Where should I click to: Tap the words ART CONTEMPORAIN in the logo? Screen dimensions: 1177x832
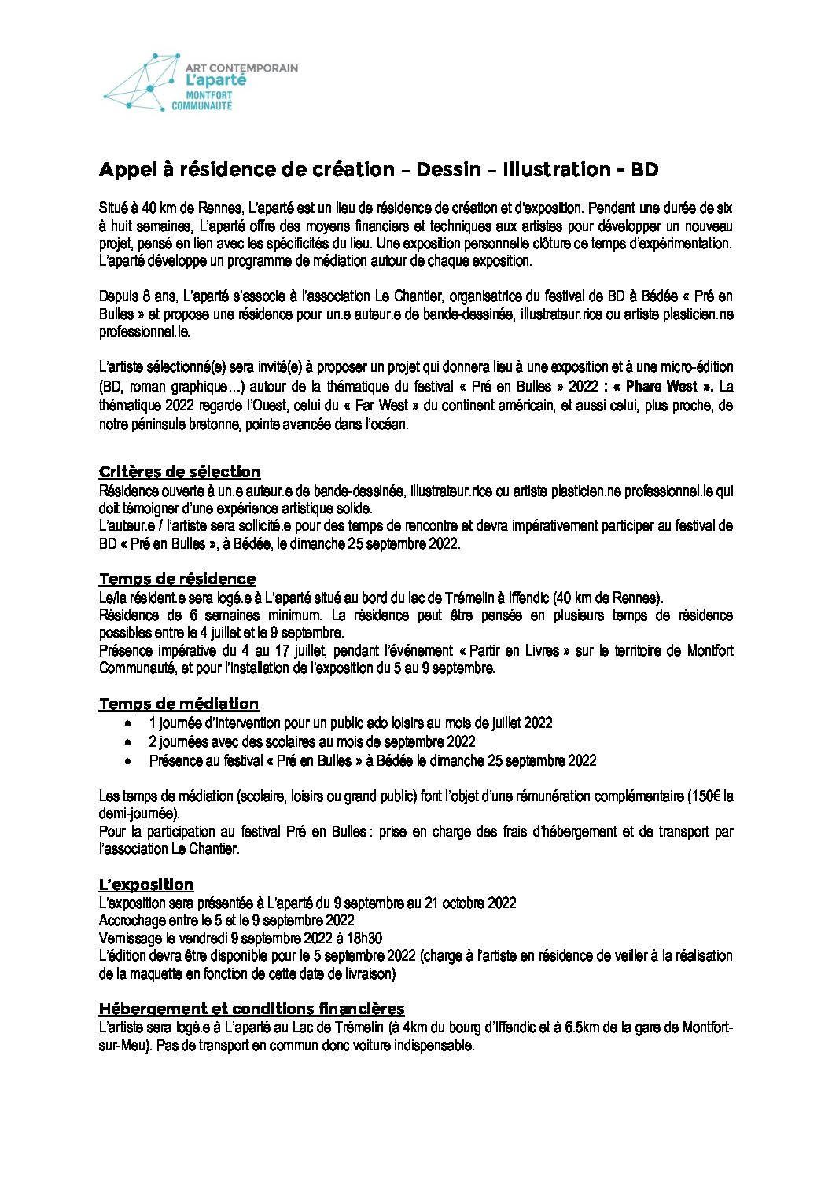[x=241, y=68]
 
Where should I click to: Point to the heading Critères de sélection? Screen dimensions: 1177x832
[x=179, y=472]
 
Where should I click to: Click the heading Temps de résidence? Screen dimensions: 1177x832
[x=177, y=579]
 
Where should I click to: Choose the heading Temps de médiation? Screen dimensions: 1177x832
[x=179, y=704]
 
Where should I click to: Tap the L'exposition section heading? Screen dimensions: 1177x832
[x=146, y=885]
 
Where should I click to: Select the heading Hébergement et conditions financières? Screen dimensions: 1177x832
[x=252, y=1009]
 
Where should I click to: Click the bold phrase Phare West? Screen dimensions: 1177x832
[x=660, y=386]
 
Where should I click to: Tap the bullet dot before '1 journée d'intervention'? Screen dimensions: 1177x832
[x=129, y=723]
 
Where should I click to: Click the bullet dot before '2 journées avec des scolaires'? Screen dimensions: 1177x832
[x=129, y=742]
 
